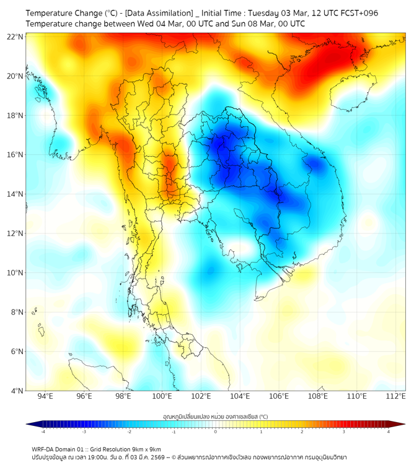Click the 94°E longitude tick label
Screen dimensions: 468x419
46,396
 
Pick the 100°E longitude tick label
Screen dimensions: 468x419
162,396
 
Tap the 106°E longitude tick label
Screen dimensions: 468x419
280,396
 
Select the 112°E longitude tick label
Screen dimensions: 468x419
396,396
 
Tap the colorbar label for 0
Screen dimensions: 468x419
216,431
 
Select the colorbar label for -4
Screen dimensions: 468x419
43,431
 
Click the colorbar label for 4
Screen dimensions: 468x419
389,431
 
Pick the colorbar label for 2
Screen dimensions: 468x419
302,431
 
